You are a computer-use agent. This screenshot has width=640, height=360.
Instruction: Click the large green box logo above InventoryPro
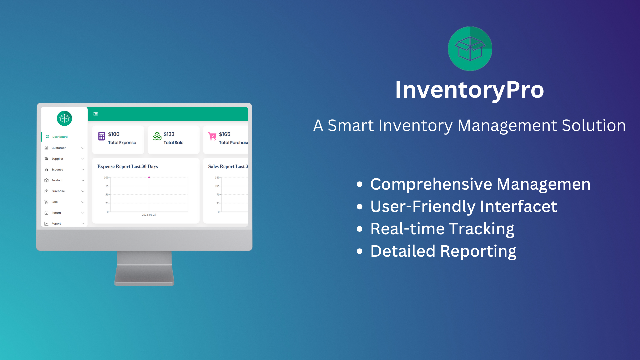click(470, 49)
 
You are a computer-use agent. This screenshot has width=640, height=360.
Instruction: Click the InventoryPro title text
click(469, 90)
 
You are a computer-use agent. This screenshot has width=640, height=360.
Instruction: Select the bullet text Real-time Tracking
click(442, 229)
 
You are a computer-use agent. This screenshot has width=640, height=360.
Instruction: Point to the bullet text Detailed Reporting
click(443, 251)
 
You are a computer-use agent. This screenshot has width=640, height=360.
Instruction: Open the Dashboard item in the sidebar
click(60, 137)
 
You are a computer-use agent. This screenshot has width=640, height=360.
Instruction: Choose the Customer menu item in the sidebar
click(58, 148)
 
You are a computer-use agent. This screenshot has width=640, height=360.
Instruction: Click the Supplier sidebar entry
click(57, 159)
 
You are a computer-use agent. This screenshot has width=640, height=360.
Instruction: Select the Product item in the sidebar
click(57, 180)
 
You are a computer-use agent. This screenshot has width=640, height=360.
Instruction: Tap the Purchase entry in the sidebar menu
click(58, 191)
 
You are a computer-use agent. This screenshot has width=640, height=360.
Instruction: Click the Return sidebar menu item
click(56, 213)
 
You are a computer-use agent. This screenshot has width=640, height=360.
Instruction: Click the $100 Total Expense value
click(114, 134)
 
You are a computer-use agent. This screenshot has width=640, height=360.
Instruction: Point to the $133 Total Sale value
click(169, 134)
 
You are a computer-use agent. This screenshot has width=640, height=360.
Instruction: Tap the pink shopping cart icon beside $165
click(212, 136)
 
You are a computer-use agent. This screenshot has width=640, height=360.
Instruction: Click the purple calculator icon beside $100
click(102, 136)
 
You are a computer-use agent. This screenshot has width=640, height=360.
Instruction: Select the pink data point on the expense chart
click(149, 177)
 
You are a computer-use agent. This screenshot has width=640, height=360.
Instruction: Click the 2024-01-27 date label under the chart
click(149, 215)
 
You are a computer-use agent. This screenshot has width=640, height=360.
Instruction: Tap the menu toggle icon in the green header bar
click(96, 114)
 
